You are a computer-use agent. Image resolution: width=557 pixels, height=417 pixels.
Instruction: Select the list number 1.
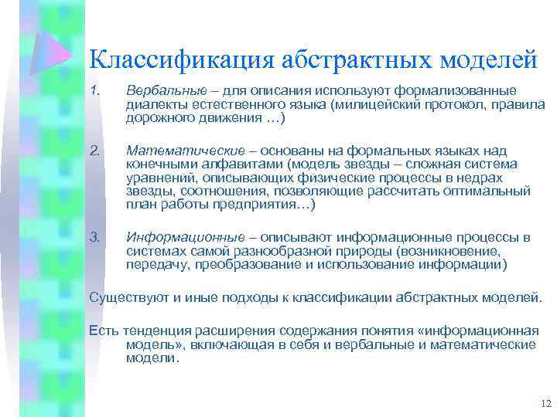95,92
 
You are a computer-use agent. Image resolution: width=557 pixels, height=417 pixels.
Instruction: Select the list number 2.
95,151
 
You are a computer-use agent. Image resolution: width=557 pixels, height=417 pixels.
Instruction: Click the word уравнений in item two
158,178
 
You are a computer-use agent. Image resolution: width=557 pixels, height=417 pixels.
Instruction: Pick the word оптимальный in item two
487,192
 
